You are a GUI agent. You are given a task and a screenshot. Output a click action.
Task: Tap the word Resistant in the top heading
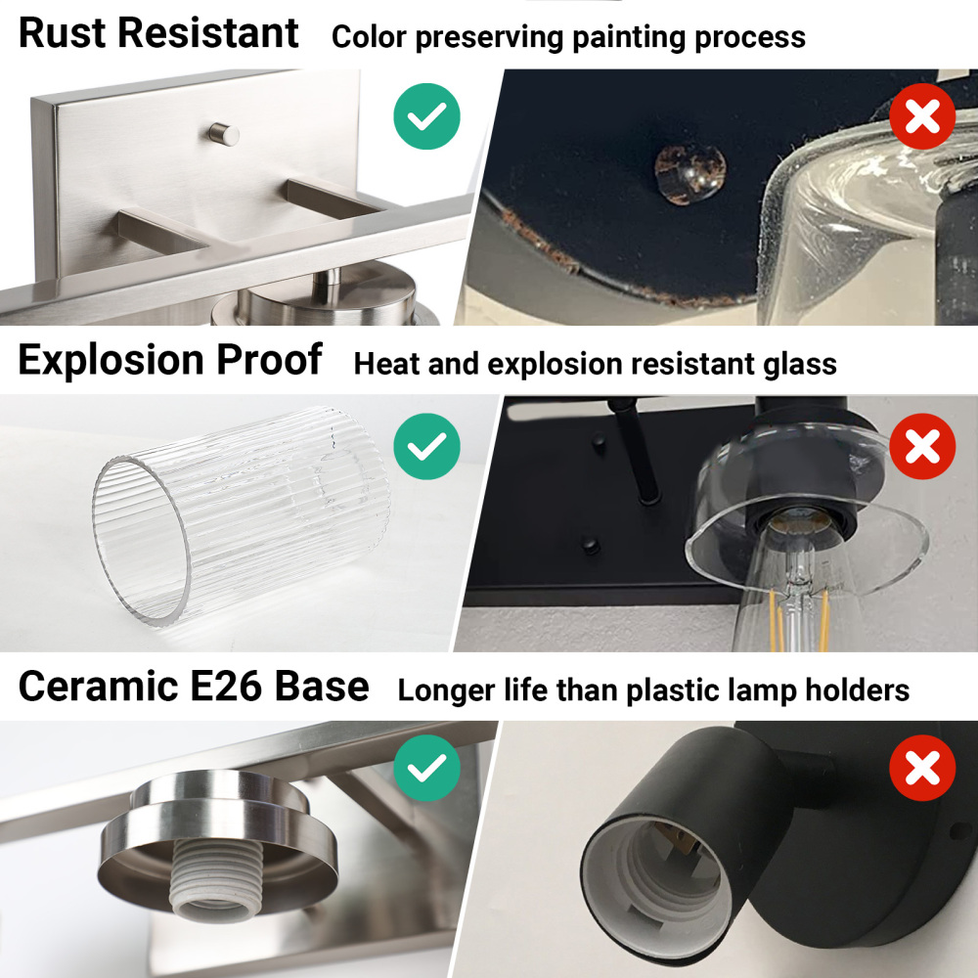207,32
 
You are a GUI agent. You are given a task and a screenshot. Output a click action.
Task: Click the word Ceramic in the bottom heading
99,687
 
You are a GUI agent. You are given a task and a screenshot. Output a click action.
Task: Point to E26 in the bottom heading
226,687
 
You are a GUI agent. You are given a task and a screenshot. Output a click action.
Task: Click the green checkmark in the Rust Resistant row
426,116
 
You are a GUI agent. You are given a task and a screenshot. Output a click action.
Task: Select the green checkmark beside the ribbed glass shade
426,446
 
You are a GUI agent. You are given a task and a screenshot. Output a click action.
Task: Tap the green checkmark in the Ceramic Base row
426,768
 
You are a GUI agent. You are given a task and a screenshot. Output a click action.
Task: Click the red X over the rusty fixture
922,116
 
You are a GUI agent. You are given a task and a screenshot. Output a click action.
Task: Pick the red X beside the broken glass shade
922,446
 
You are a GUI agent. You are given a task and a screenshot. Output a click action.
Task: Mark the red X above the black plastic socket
922,768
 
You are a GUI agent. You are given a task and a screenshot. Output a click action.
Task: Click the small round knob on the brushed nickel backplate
223,133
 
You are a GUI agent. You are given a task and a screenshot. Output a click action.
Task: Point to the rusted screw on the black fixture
689,173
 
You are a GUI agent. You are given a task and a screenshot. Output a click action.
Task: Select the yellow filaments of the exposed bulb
800,617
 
